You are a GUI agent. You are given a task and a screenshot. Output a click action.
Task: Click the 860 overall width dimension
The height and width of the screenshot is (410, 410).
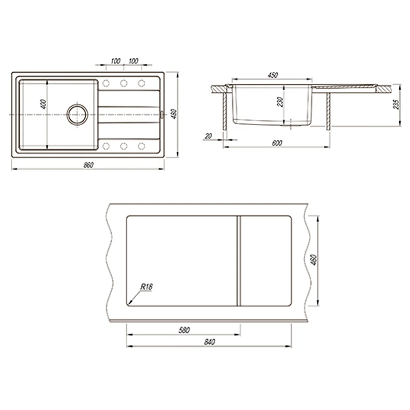[x=88, y=165]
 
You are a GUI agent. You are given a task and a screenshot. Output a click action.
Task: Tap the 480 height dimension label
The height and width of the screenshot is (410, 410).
[x=174, y=114]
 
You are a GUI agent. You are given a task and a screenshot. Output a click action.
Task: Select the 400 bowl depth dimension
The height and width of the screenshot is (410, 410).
[x=44, y=104]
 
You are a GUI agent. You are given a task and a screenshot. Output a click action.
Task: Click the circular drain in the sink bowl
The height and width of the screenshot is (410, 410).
[x=77, y=114]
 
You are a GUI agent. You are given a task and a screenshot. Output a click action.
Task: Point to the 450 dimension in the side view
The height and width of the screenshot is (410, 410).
[x=273, y=75]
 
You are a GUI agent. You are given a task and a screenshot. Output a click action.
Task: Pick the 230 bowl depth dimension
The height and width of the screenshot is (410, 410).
[x=280, y=101]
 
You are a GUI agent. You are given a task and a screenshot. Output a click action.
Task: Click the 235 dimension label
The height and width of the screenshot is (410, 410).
[x=396, y=105]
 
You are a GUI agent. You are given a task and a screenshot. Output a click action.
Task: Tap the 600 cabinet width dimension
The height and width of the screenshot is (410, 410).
[x=277, y=143]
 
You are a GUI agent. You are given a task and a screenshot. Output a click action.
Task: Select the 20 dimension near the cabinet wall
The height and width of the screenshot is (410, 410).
[x=209, y=136]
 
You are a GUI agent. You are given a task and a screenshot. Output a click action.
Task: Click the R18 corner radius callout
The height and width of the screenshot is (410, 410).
[x=147, y=287]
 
